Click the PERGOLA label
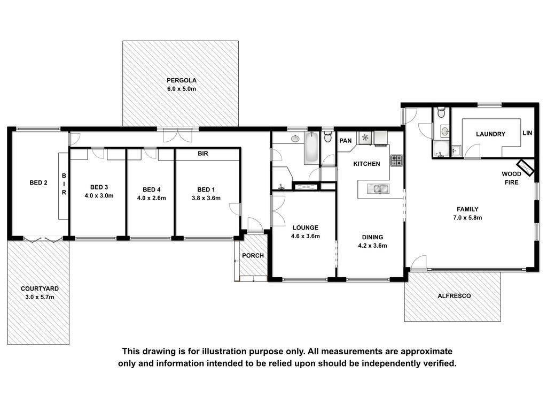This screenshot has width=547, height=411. tap(182, 80)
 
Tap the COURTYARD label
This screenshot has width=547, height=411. tap(40, 288)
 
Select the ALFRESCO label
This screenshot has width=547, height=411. tap(454, 296)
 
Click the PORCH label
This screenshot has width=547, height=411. tap(253, 255)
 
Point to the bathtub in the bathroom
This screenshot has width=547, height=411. tap(311, 148)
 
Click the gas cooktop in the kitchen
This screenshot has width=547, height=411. tap(396, 161)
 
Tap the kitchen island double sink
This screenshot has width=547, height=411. tap(378, 189)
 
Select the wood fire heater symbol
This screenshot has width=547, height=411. tap(526, 168)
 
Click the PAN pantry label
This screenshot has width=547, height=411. tap(346, 141)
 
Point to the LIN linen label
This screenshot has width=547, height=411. tap(527, 133)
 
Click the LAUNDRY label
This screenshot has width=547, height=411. tap(490, 134)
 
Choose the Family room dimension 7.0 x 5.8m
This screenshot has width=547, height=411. tap(467, 218)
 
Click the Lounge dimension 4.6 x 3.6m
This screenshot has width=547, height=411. tap(305, 236)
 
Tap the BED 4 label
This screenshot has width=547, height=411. tap(151, 190)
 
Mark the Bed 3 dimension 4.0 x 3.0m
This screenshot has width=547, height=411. tap(99, 196)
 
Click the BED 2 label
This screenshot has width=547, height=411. tap(38, 182)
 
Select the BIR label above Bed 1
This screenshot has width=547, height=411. tap(202, 154)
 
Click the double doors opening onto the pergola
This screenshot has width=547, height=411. tap(178, 135)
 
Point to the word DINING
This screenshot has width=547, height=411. tap(372, 237)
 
